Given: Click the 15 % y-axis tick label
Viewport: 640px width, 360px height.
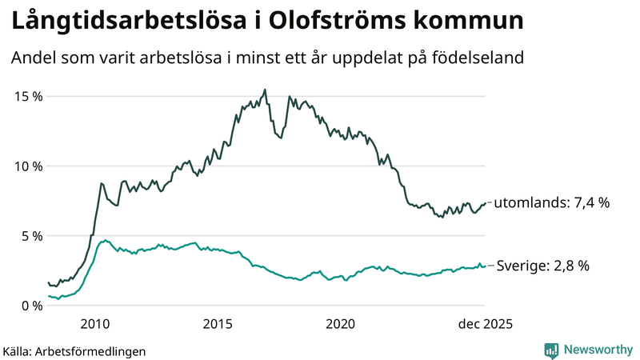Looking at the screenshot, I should coord(27,96).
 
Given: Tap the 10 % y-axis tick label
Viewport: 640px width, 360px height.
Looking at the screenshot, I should coord(27,166).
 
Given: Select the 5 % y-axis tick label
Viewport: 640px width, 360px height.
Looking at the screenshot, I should coord(30,236).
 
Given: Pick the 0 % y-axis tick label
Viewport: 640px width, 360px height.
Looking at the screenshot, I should coord(30,306).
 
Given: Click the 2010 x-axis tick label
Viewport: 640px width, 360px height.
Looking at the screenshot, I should coord(95,324).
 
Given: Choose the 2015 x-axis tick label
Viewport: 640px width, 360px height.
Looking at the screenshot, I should coord(218,324).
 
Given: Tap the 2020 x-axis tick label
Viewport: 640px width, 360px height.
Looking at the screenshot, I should coord(340,324).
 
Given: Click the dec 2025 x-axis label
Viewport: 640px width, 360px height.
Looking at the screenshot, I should coord(485,324).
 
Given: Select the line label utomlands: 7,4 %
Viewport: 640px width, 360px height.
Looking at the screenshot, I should coord(551,203).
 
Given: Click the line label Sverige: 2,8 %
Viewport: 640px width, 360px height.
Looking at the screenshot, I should coord(543,266).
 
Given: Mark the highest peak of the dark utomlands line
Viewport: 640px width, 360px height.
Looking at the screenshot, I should coord(265,90).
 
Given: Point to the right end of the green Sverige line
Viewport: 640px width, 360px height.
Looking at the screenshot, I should coord(485,266).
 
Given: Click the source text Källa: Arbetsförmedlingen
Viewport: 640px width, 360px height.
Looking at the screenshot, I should coord(74,350).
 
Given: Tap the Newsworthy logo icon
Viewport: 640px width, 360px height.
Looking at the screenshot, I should coord(552,350).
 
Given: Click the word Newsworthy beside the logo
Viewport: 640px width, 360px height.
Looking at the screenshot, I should coord(597,350).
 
